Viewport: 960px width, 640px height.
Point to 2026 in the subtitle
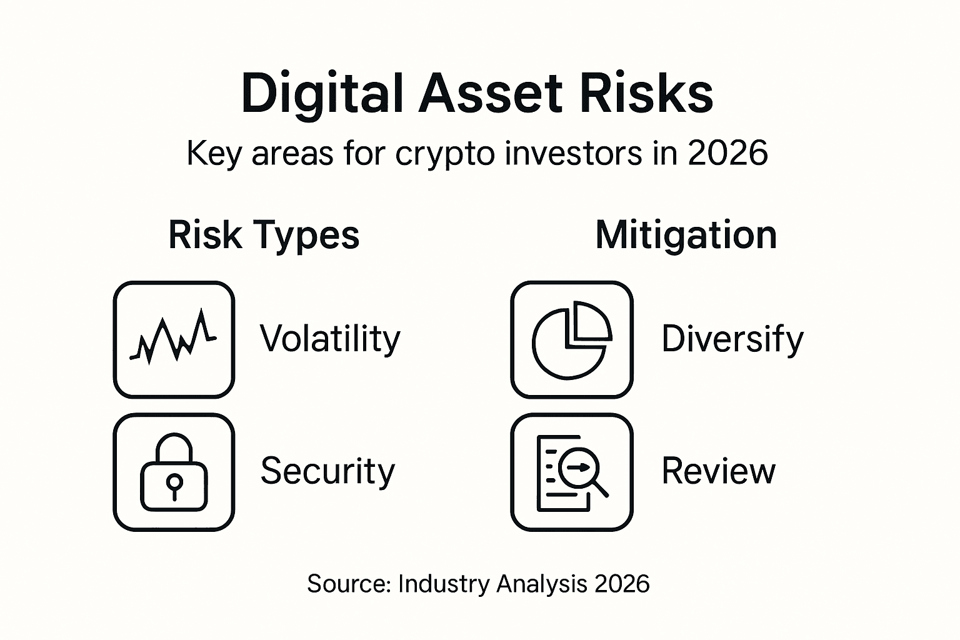(727, 153)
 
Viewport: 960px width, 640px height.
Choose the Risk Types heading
(264, 235)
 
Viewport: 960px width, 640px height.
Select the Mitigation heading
(686, 235)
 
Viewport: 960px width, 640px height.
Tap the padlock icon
(174, 472)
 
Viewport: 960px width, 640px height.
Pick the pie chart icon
(571, 339)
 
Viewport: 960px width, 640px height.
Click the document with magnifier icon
(571, 472)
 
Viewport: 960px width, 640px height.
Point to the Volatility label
(329, 339)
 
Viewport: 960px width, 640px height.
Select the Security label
(327, 471)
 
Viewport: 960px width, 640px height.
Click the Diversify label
(732, 339)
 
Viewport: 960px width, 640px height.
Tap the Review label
(718, 471)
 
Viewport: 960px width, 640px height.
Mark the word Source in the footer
(348, 584)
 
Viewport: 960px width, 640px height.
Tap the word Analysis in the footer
(542, 584)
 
